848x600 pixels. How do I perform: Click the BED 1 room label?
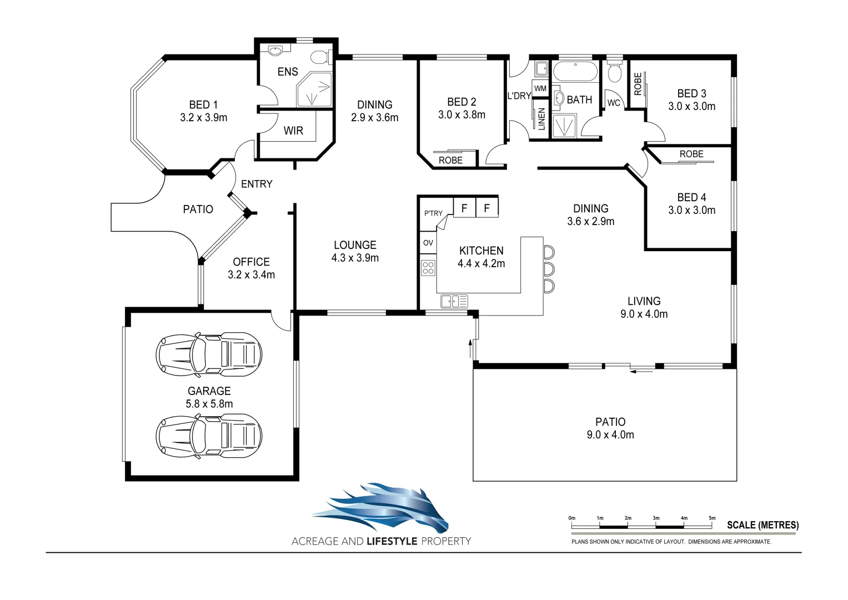click(203, 104)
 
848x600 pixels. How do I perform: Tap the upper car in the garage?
click(209, 353)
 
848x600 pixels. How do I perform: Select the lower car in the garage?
click(209, 436)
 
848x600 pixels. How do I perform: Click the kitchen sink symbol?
click(454, 302)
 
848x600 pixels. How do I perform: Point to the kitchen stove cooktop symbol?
click(428, 268)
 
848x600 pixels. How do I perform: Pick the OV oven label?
click(428, 243)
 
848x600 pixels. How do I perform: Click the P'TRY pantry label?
click(433, 213)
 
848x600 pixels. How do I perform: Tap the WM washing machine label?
click(540, 88)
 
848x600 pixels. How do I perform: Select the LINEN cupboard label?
click(541, 119)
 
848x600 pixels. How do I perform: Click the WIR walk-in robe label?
click(293, 131)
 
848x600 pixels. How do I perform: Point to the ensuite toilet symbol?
click(320, 57)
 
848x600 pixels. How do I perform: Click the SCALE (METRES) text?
click(762, 525)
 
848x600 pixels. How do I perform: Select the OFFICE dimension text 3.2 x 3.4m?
click(251, 274)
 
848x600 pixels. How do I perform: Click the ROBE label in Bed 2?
click(450, 160)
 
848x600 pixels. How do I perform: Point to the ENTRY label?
click(257, 184)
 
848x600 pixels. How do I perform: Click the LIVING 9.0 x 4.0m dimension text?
click(644, 314)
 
